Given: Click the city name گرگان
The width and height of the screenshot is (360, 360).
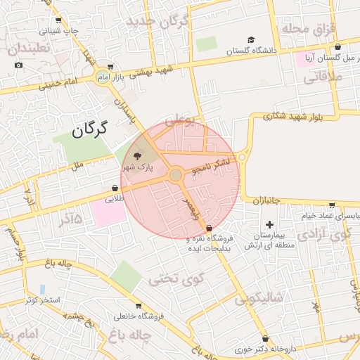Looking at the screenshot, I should point(90,128).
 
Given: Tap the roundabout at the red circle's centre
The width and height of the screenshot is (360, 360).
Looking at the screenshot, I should point(176,174).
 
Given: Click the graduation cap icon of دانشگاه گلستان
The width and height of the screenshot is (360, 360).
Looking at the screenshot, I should point(251,39).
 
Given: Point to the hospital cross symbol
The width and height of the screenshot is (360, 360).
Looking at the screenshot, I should point(269,224).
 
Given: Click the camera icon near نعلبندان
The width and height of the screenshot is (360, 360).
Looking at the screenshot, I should point(18,65).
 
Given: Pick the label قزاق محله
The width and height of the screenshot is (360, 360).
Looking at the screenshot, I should point(309,28).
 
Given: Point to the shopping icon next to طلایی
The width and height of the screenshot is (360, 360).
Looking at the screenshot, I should point(115,188).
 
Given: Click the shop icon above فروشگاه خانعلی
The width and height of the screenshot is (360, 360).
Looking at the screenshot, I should point(139,306).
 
